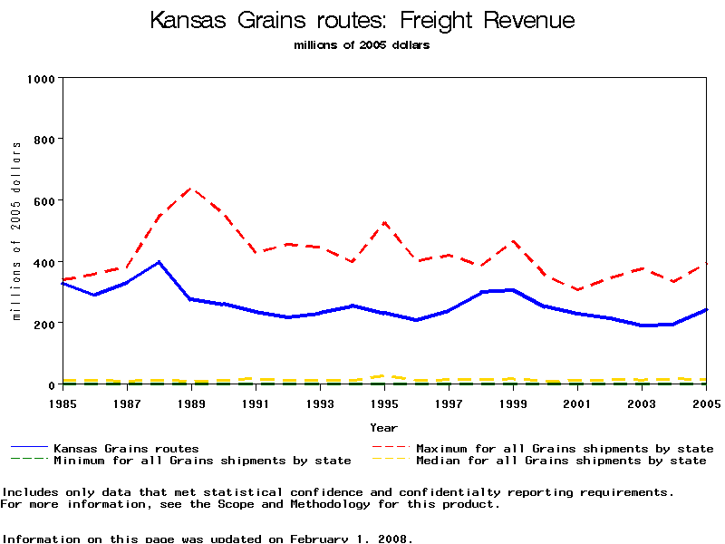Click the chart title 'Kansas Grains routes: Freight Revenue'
(362, 21)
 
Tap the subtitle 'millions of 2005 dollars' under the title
(362, 45)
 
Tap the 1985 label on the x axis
(62, 402)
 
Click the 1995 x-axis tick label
(384, 402)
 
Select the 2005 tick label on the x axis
(707, 402)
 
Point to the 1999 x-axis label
(513, 402)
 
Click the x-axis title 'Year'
(383, 427)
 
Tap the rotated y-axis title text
(16, 231)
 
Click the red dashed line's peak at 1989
(190, 188)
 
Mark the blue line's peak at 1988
(159, 262)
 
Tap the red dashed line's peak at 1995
(384, 222)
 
